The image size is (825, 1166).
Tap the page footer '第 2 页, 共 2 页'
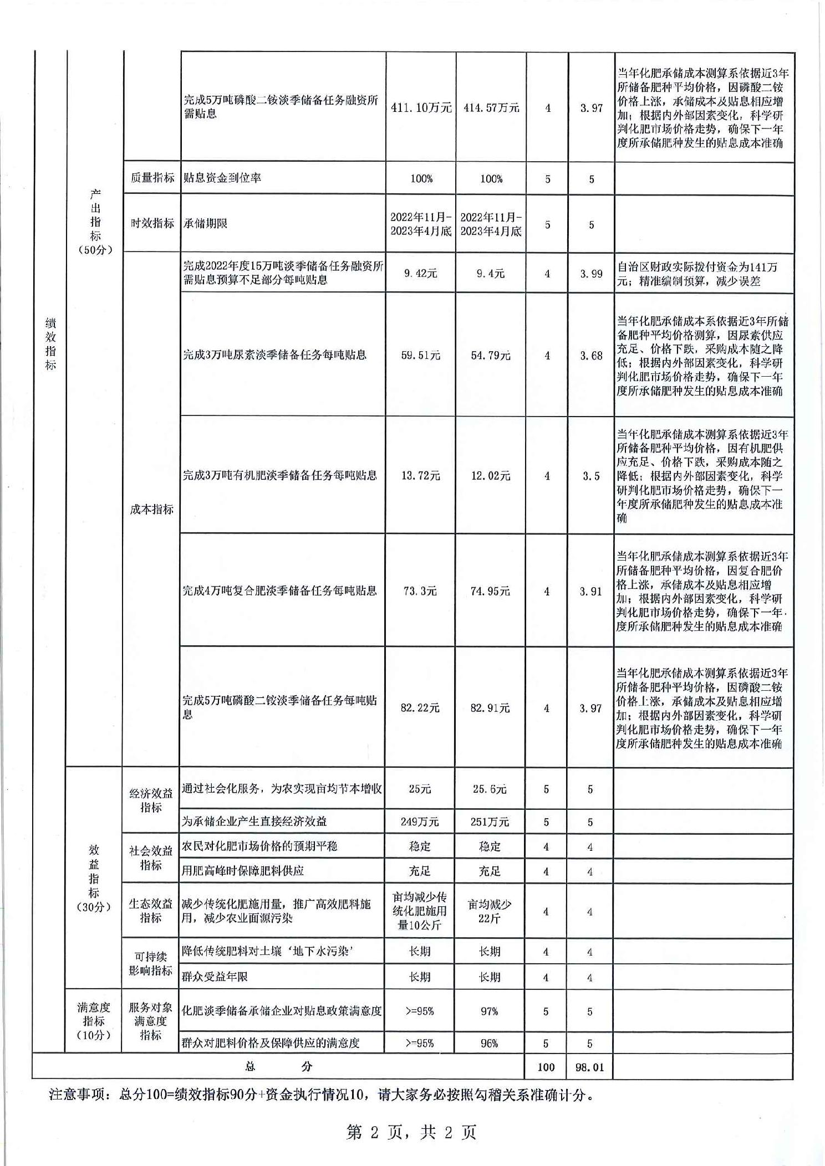(x=411, y=1132)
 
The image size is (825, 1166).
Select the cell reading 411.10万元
(x=421, y=107)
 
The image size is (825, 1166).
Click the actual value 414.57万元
(x=491, y=107)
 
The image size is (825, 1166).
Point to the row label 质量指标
(x=152, y=177)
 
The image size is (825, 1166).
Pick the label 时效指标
(x=152, y=223)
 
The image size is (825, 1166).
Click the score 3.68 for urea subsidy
(x=591, y=356)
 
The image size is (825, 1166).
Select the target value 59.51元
(x=421, y=356)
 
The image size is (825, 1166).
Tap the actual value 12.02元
(x=491, y=476)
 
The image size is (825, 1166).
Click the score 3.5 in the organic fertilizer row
(x=591, y=476)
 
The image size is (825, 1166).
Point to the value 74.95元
(x=490, y=591)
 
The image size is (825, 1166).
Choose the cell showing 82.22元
(x=420, y=708)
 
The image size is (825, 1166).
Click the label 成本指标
(x=151, y=509)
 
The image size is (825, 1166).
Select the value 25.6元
(x=490, y=789)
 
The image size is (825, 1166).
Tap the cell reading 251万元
(x=490, y=822)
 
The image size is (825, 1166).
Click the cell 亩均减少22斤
(x=490, y=911)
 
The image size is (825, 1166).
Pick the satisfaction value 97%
(x=489, y=1011)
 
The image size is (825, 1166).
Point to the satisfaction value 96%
(x=489, y=1044)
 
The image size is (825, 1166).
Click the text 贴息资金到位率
(x=222, y=178)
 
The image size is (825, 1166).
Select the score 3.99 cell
(x=591, y=274)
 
